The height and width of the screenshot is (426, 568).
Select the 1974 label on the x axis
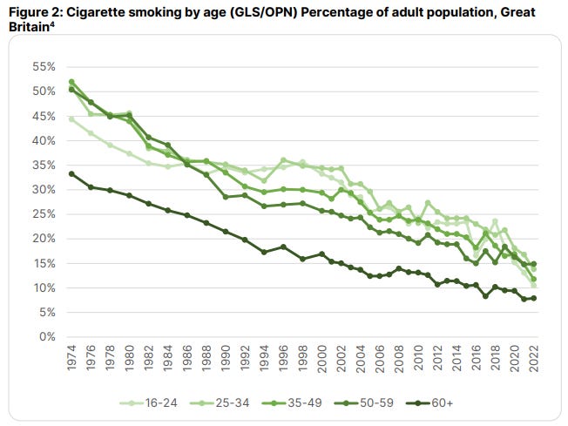pyautogui.click(x=71, y=357)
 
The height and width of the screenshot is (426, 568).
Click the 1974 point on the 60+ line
pyautogui.click(x=71, y=173)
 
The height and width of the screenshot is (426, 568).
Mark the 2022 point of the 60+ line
pyautogui.click(x=533, y=298)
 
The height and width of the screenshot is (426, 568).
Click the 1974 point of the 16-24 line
pyautogui.click(x=71, y=118)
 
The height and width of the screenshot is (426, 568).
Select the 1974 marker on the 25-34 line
pyautogui.click(x=71, y=82)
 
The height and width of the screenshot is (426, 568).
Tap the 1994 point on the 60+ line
pyautogui.click(x=263, y=252)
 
